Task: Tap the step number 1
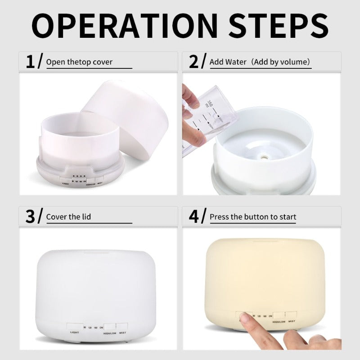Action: pos(30,61)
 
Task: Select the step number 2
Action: pos(194,61)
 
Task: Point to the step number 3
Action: pos(30,216)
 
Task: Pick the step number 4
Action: pos(194,216)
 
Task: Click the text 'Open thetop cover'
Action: pos(79,62)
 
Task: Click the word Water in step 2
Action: pos(236,62)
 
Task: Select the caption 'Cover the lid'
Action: pos(68,217)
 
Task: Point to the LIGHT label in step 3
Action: pos(75,333)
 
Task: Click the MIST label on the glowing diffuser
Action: pos(292,321)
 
